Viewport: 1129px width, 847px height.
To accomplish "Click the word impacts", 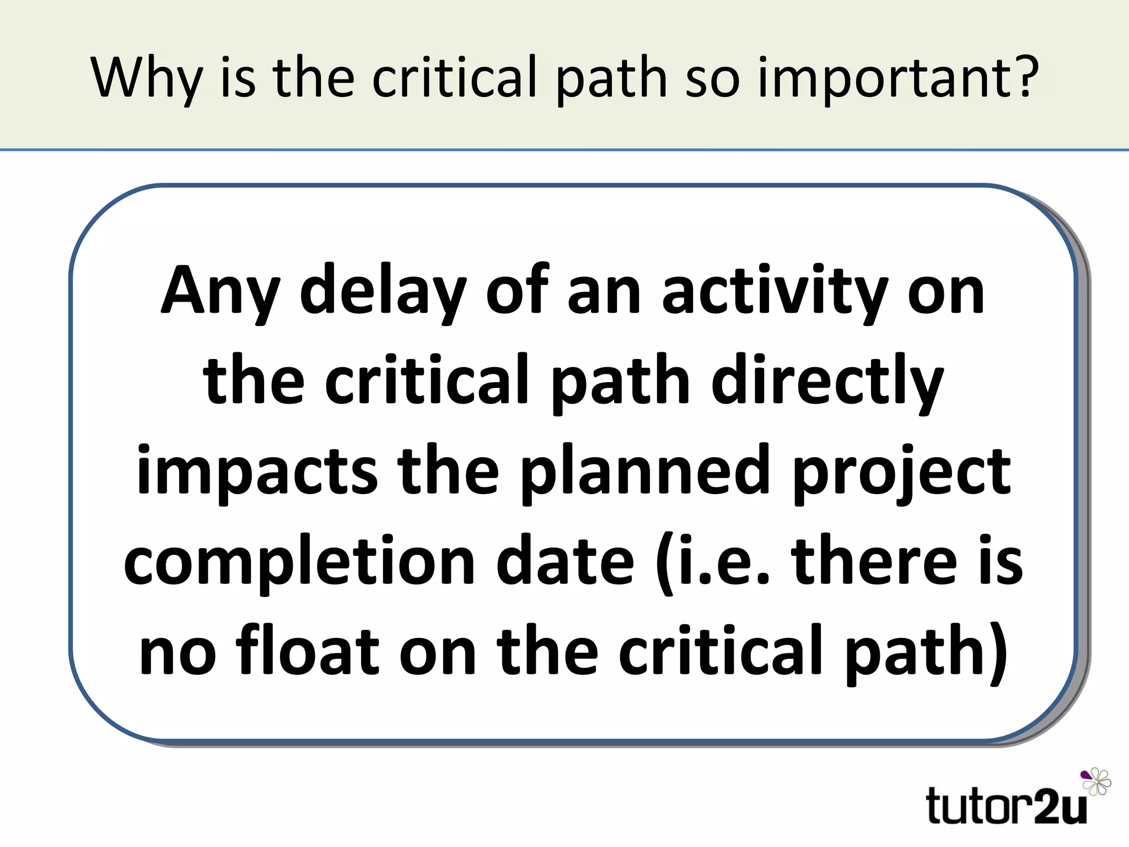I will pyautogui.click(x=257, y=471).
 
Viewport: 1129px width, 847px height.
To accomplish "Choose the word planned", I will pyautogui.click(x=645, y=471).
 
